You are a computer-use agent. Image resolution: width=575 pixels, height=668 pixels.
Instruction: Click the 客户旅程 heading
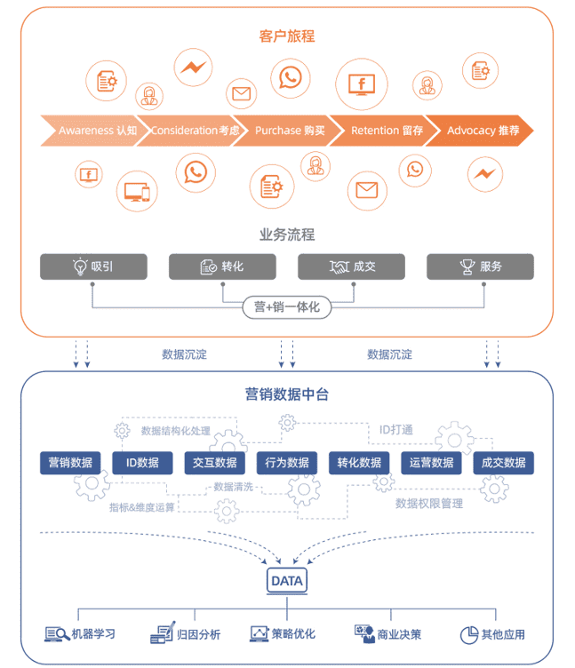pos(287,36)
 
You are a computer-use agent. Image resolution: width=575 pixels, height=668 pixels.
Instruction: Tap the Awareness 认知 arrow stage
pos(92,131)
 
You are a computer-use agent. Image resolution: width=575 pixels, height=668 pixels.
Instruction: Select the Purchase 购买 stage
pos(288,131)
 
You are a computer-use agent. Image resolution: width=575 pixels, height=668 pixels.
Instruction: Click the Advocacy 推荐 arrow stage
pos(481,131)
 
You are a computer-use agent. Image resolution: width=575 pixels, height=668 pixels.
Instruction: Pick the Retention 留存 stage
pos(386,131)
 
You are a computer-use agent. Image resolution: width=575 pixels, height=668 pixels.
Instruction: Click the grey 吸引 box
pos(93,266)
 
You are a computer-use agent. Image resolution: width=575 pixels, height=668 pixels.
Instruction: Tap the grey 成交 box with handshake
pos(351,266)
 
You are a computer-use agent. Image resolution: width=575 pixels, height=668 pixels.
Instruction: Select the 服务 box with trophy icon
pos(480,266)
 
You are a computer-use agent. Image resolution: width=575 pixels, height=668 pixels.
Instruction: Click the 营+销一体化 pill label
pos(287,307)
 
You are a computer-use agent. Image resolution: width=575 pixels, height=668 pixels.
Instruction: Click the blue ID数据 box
pos(142,463)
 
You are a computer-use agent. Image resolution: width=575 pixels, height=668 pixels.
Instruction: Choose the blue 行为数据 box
pos(287,463)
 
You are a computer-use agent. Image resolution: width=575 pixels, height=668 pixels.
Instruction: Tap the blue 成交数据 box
pos(503,463)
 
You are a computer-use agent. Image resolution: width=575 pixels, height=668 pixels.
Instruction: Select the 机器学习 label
pos(94,634)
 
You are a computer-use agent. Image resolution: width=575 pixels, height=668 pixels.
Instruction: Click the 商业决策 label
pos(399,634)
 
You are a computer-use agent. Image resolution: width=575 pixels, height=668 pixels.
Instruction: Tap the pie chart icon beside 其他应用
pos(469,634)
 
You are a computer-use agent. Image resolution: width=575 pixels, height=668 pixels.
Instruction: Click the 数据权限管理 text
pos(429,504)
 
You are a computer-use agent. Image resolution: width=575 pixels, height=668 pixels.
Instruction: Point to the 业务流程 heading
pos(287,235)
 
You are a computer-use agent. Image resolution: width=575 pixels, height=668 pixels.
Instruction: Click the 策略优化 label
pos(293,634)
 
